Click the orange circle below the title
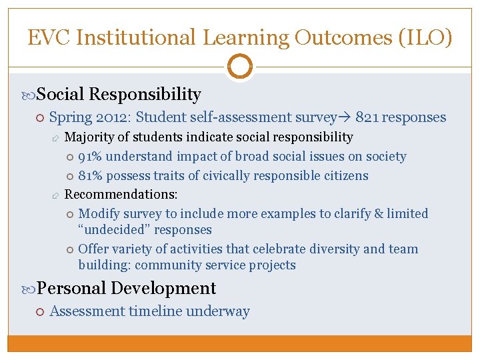click(x=240, y=66)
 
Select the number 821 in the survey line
click(x=368, y=117)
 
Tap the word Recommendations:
click(x=111, y=195)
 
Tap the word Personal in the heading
click(x=71, y=288)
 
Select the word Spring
click(x=69, y=117)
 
